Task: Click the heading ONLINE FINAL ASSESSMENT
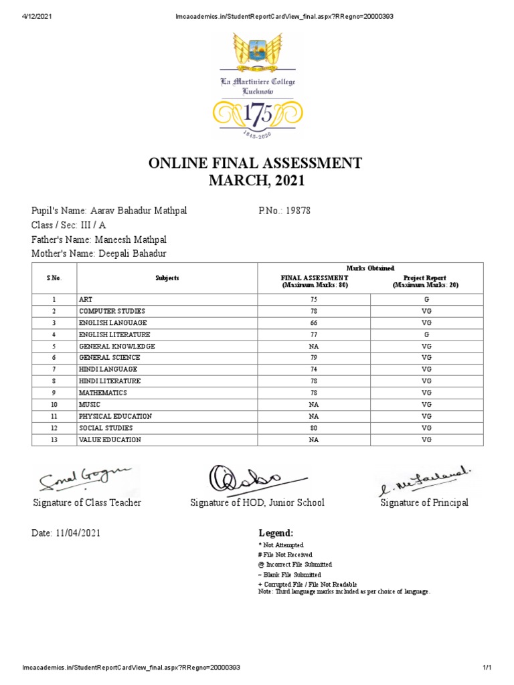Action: tap(257, 163)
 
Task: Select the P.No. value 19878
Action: tap(298, 211)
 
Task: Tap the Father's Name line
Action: tap(99, 239)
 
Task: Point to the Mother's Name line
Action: tap(99, 254)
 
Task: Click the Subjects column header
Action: tap(167, 278)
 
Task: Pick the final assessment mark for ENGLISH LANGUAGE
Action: tap(314, 323)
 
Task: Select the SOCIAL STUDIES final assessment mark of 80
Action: tap(314, 427)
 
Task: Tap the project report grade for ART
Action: tap(426, 300)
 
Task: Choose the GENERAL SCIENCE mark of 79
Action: tap(314, 358)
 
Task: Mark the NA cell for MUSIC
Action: tap(314, 405)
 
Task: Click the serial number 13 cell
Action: tap(54, 439)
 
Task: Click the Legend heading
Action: tap(276, 533)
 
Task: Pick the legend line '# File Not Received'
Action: tap(285, 555)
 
